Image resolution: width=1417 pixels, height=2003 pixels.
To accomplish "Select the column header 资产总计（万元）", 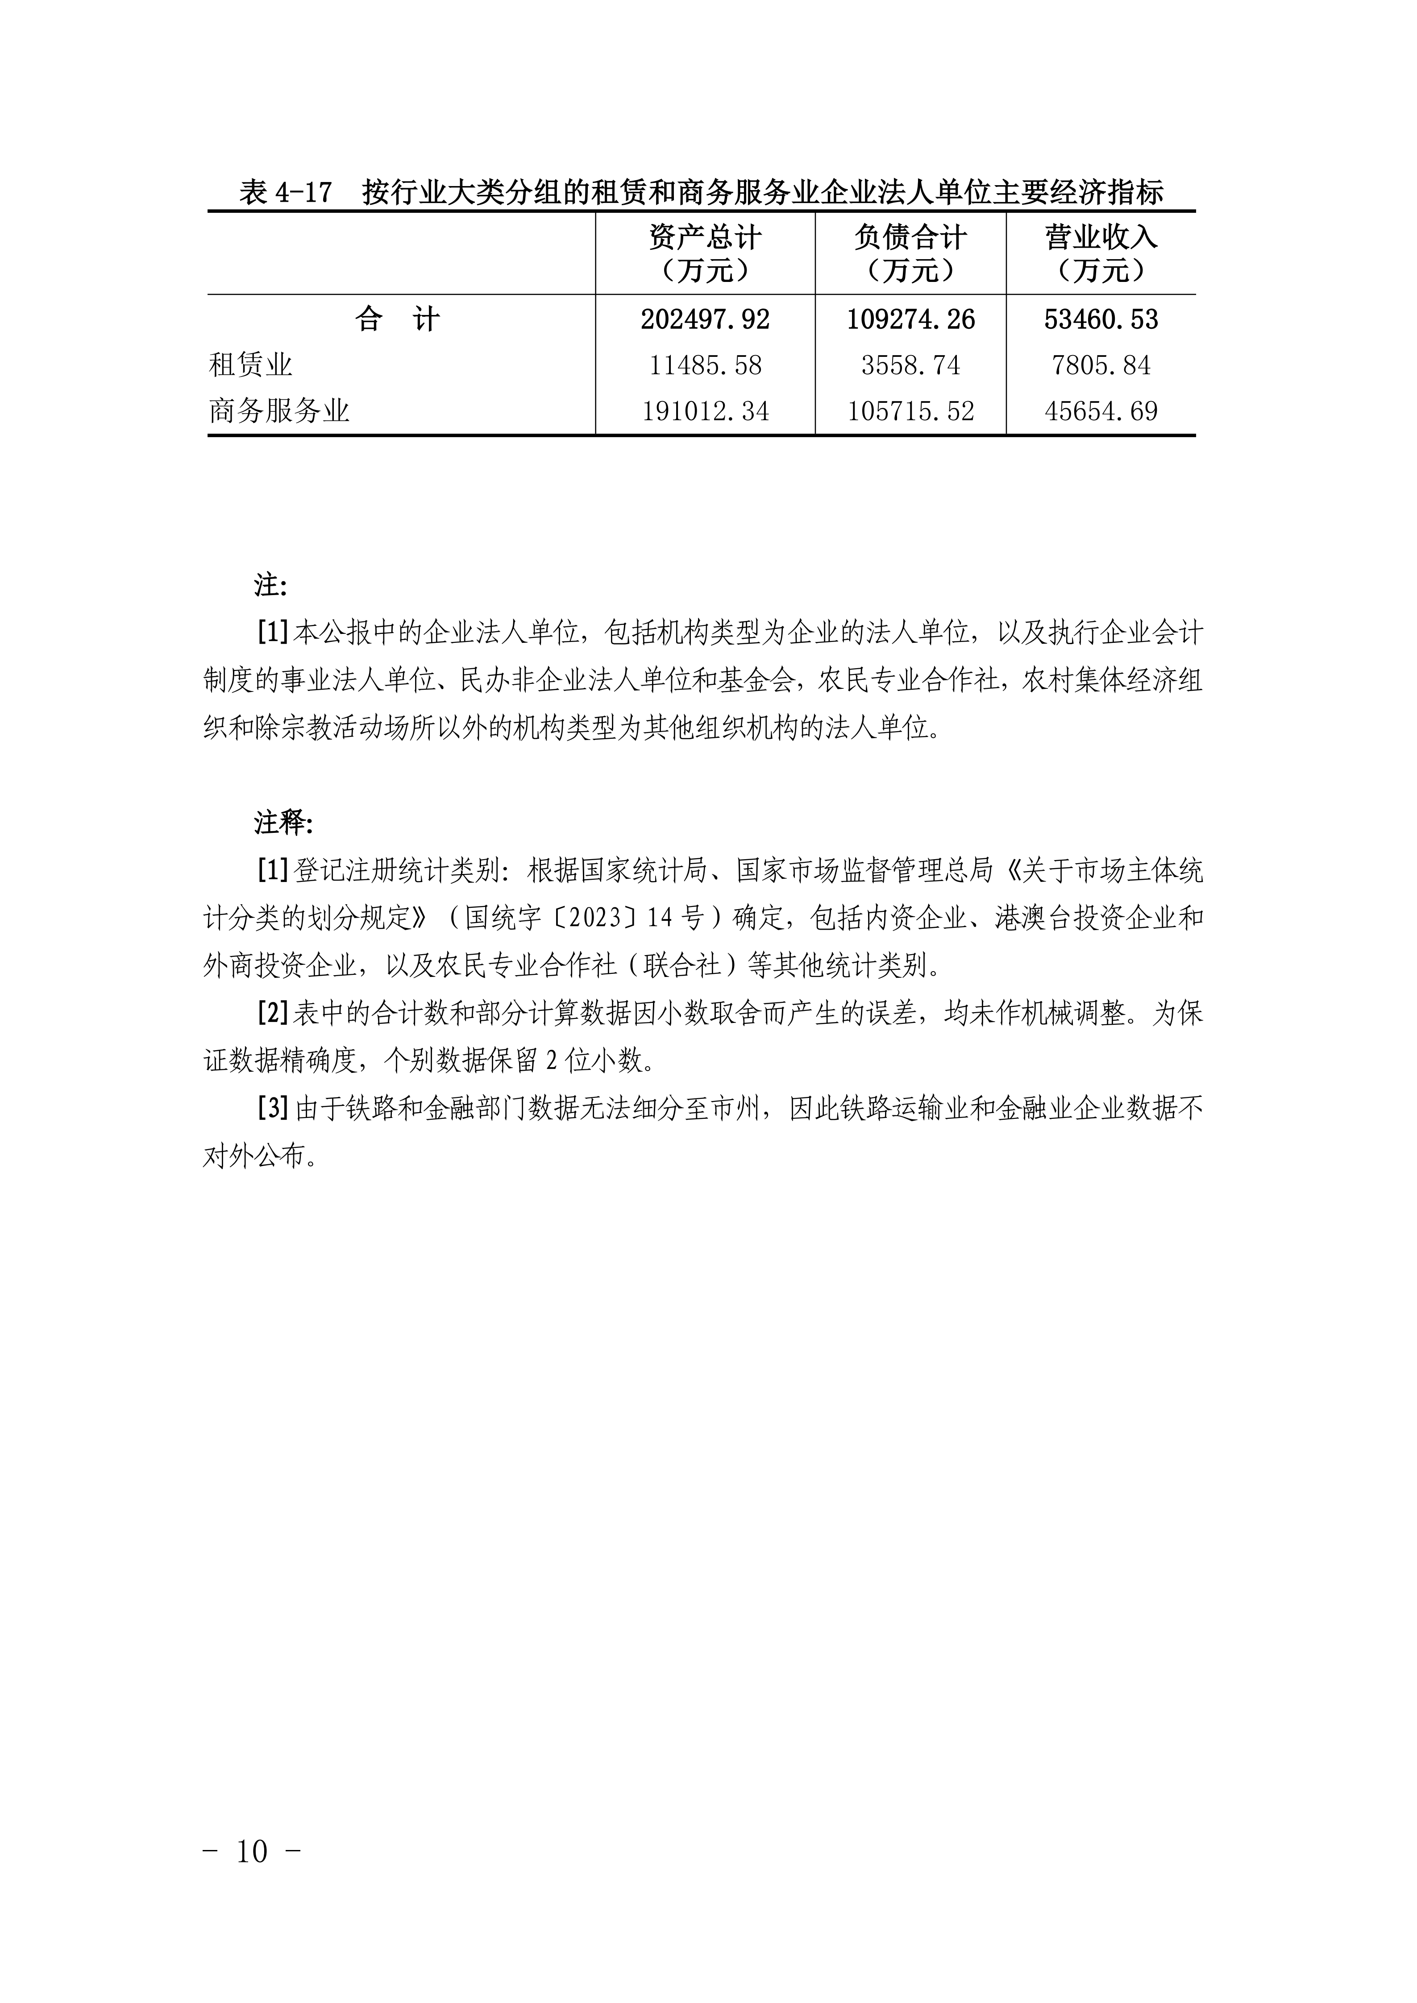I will [705, 253].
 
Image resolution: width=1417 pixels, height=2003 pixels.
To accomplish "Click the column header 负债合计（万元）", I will [910, 253].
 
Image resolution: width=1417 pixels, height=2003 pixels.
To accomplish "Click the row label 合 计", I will [398, 319].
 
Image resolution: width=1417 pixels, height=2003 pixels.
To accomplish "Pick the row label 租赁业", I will [250, 364].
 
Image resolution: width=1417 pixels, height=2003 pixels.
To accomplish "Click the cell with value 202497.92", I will [705, 319].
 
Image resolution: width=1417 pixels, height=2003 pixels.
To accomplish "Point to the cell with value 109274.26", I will [910, 319].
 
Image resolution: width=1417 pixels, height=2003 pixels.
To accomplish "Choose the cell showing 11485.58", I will [705, 364].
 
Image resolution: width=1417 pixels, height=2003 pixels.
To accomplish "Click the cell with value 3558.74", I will [910, 364].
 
